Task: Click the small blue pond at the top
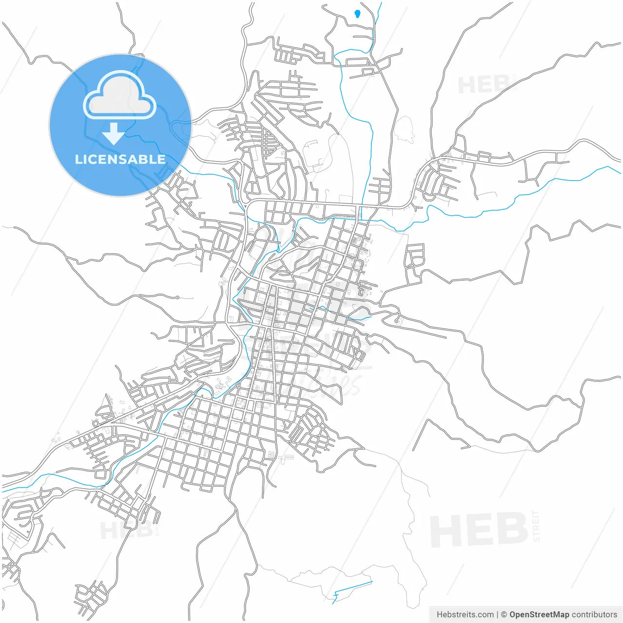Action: click(x=358, y=13)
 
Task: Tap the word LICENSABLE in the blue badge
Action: click(x=120, y=160)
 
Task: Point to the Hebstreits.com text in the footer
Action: click(x=465, y=615)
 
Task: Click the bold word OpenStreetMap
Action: click(x=539, y=615)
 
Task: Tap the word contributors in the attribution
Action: click(x=594, y=615)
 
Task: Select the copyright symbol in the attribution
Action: click(x=504, y=615)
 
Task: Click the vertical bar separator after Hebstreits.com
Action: click(x=497, y=615)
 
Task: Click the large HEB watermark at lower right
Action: click(x=479, y=530)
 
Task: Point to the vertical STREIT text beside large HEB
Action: click(x=536, y=526)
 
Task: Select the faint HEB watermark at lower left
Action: click(x=119, y=530)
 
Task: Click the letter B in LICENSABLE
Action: click(x=143, y=160)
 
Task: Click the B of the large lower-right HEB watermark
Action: click(x=512, y=530)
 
